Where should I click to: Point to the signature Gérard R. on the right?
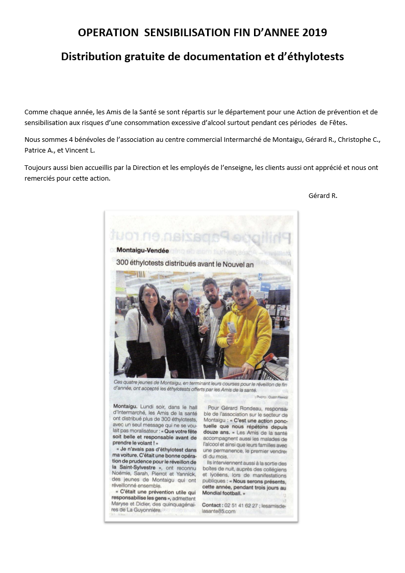click(323, 195)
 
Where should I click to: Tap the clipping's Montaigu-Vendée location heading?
click(142, 250)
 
